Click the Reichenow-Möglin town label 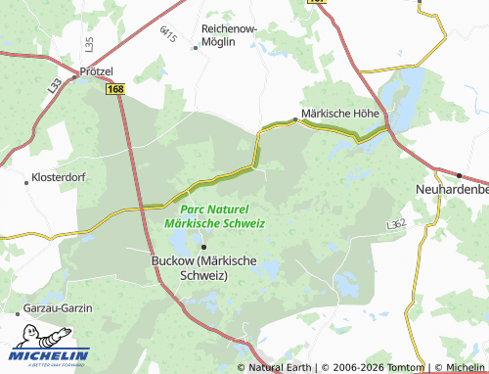click(229, 34)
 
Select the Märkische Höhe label click(339, 113)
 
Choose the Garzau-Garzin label click(58, 307)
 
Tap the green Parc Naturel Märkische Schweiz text click(214, 216)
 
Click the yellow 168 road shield click(116, 89)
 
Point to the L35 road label click(89, 44)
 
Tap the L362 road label click(395, 225)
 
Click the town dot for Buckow click(203, 246)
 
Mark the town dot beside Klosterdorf click(25, 181)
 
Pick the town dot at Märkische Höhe click(295, 119)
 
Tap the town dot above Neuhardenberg click(459, 175)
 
